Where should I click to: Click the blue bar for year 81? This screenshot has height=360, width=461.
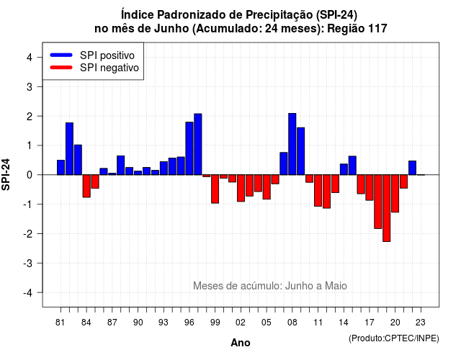(x=61, y=167)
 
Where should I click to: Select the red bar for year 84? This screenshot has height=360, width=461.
(x=86, y=186)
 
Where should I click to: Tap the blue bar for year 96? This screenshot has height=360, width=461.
(x=189, y=148)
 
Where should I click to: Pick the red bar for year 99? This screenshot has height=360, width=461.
(x=215, y=189)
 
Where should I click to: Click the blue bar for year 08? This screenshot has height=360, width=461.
(x=292, y=144)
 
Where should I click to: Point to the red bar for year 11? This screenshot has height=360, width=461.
(x=318, y=190)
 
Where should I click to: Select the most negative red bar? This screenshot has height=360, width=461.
(x=387, y=208)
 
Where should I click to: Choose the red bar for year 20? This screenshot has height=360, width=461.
(x=395, y=194)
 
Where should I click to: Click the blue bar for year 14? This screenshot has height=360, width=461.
(x=344, y=169)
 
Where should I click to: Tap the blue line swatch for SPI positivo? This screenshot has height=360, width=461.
(x=61, y=55)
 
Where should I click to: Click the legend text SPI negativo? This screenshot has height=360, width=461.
(x=109, y=68)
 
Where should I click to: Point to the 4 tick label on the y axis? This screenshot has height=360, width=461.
(x=30, y=58)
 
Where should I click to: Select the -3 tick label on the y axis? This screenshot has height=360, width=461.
(x=27, y=264)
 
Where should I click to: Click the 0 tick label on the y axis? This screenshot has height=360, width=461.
(x=30, y=175)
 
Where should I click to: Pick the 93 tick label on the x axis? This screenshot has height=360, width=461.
(x=164, y=323)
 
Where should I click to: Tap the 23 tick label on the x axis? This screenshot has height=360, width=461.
(x=421, y=323)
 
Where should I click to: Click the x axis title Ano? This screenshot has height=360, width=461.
(x=241, y=343)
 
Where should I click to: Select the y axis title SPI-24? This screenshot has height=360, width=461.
(x=6, y=174)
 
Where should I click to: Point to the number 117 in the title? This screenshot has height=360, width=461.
(x=377, y=29)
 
